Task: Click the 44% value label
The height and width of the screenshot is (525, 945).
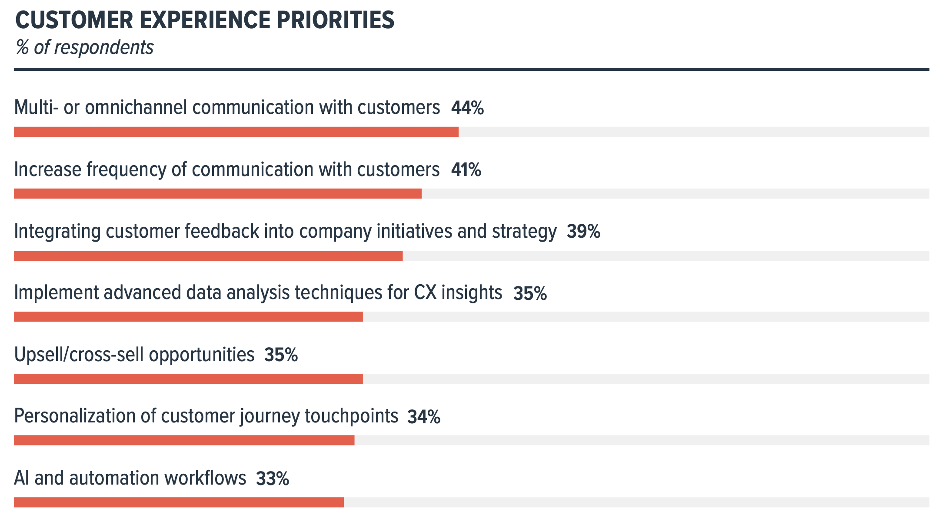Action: click(467, 108)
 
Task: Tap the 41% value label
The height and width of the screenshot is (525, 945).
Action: click(466, 169)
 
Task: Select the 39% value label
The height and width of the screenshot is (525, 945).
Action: click(583, 231)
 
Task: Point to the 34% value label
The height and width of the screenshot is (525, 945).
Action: click(424, 417)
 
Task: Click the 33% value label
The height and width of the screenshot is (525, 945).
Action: click(273, 478)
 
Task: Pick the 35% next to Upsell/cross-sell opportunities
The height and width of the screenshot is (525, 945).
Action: click(281, 355)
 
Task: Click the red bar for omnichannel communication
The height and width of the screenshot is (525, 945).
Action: click(236, 132)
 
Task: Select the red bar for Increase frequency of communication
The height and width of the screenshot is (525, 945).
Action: click(217, 194)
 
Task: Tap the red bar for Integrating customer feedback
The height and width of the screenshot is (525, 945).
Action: click(208, 256)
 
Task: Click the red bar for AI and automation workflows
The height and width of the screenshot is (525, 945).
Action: click(179, 502)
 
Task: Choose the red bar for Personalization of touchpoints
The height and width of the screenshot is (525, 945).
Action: click(184, 440)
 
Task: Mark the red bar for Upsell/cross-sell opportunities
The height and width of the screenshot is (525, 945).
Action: click(188, 379)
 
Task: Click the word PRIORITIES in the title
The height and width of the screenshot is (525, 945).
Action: click(335, 20)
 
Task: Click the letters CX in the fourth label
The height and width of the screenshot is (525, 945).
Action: click(425, 292)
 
